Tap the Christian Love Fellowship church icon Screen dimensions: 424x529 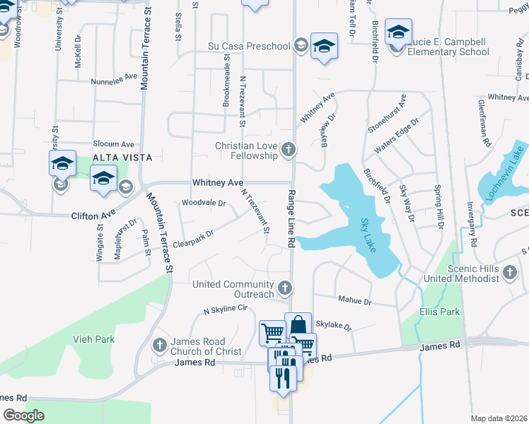pos(288,150)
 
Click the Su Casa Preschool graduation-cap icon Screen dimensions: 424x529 pos(301,46)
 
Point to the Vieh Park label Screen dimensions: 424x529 pos(93,339)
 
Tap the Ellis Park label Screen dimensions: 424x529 pos(439,312)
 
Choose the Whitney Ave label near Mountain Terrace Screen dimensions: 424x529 pos(217,182)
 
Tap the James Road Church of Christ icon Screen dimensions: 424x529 pos(159,345)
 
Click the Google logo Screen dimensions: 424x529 pos(23,415)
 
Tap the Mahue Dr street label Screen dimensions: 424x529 pos(354,300)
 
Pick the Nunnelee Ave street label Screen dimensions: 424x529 pos(113,81)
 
